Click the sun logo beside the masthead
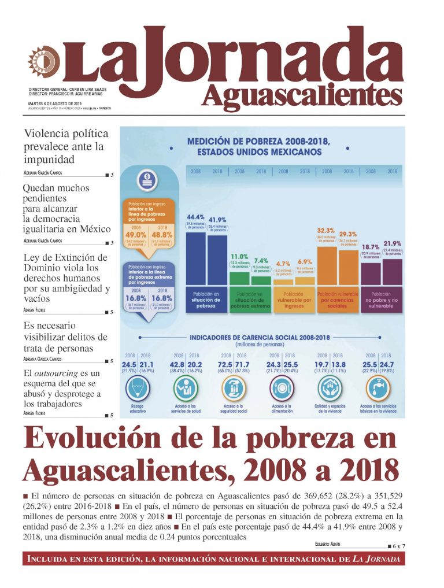click(x=43, y=60)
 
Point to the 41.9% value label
click(x=217, y=220)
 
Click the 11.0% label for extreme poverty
click(x=239, y=256)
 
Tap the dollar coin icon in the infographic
click(x=147, y=180)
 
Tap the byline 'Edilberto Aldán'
click(x=336, y=545)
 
